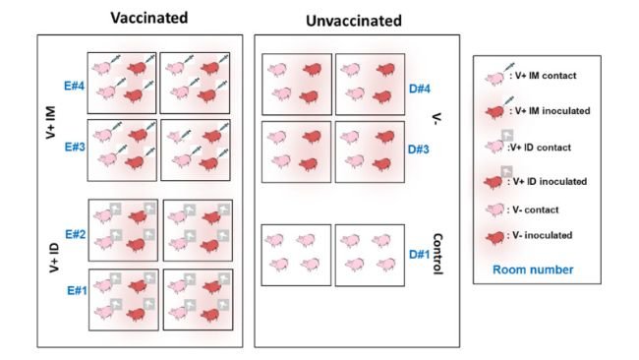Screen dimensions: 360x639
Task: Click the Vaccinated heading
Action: [x=149, y=18]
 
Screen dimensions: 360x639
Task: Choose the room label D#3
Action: [x=419, y=149]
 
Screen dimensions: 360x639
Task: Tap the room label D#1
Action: [x=419, y=253]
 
